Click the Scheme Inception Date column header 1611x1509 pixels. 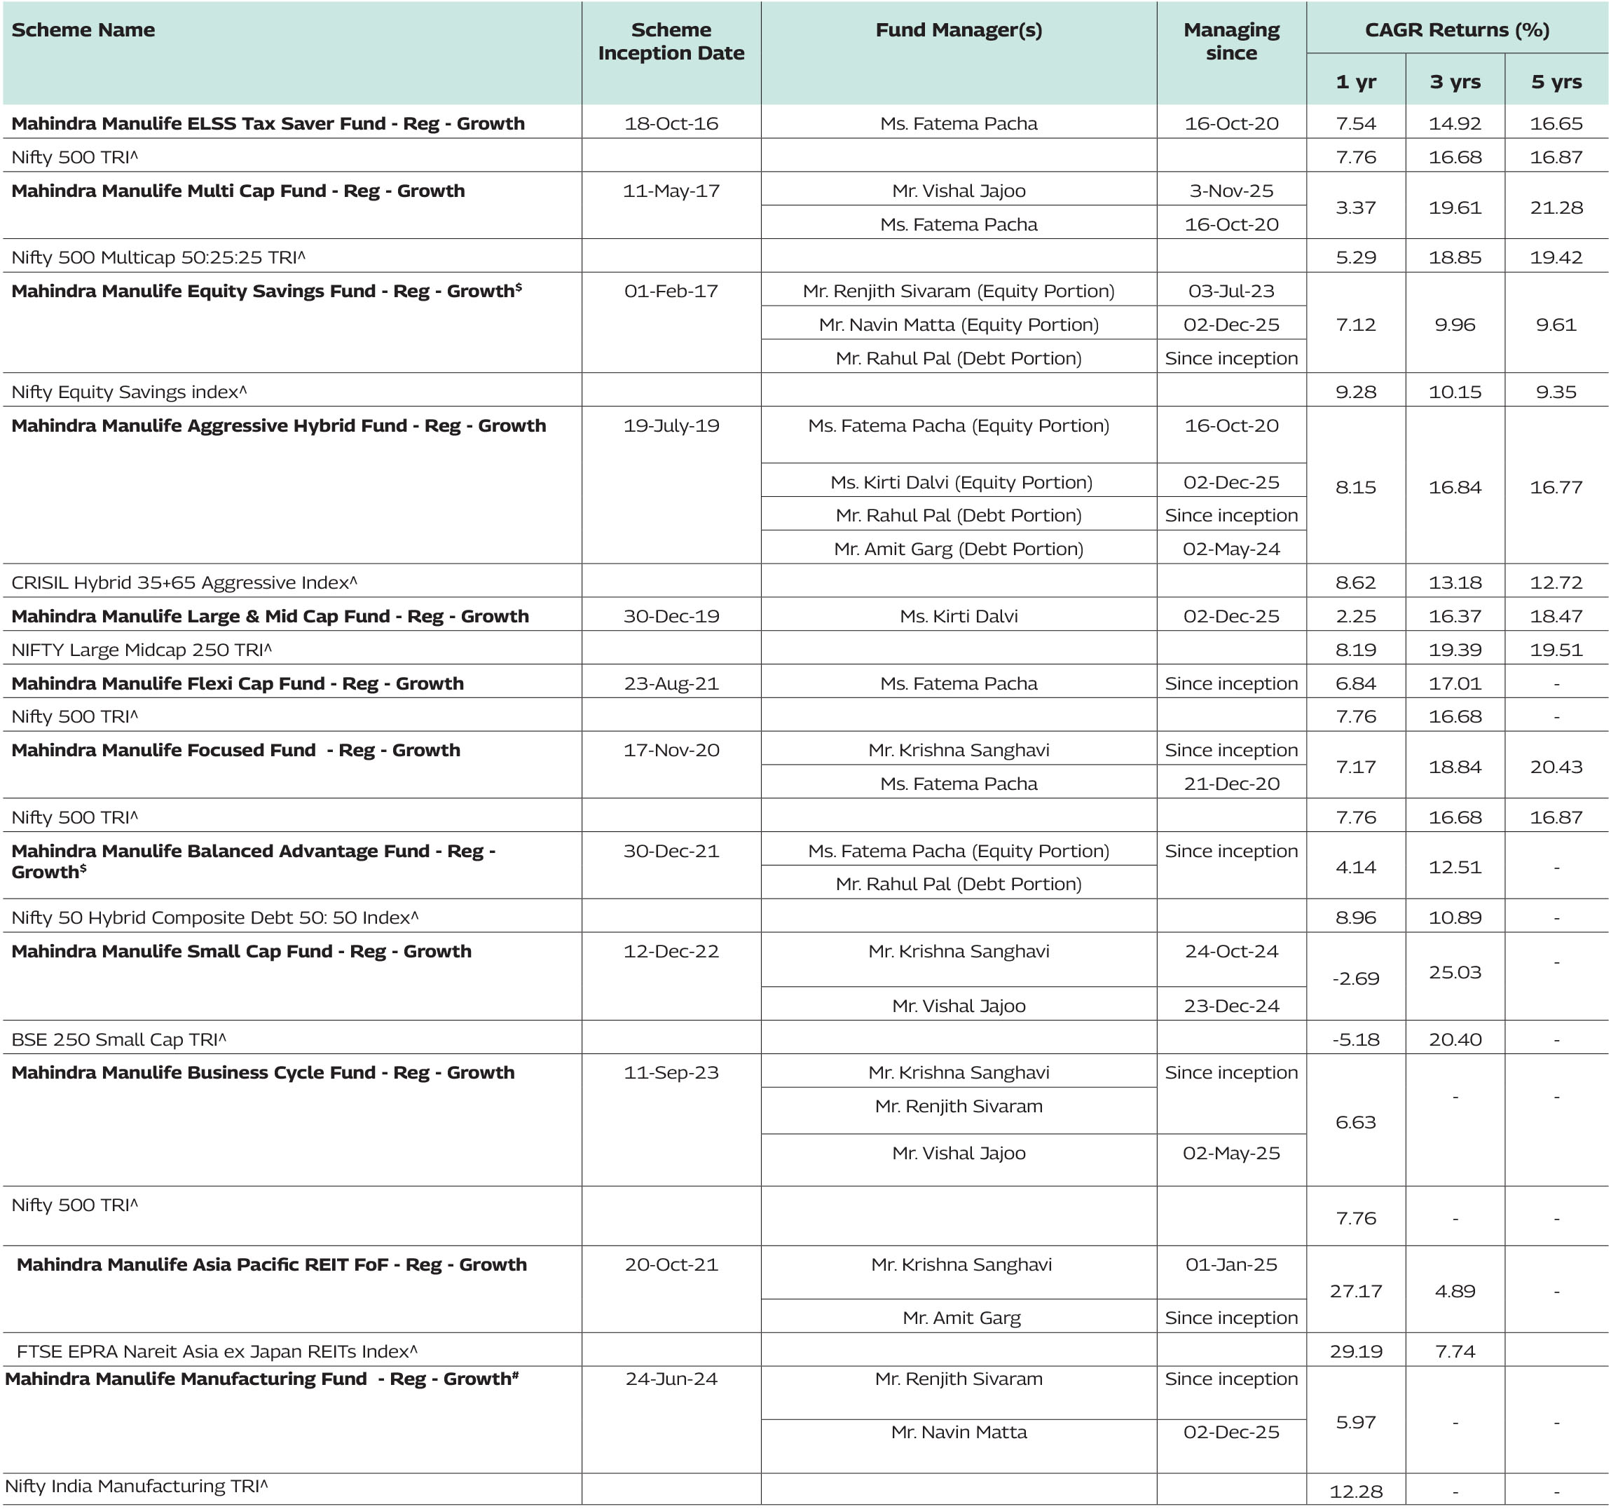tap(671, 41)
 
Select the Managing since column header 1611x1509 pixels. tap(1231, 41)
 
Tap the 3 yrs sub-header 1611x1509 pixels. tap(1455, 82)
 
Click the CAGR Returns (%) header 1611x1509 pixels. tap(1456, 30)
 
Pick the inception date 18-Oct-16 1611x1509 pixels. tap(671, 124)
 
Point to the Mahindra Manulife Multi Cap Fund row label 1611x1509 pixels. tap(238, 191)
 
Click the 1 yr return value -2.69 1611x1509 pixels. tap(1355, 978)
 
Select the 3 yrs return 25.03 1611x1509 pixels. tap(1455, 971)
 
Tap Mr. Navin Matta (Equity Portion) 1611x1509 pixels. tap(959, 325)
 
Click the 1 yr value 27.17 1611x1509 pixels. tap(1355, 1290)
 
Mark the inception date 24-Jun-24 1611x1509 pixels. tap(671, 1379)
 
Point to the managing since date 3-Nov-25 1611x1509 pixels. tap(1231, 191)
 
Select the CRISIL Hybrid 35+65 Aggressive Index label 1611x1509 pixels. tap(184, 582)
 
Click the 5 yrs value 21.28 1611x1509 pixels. tap(1556, 207)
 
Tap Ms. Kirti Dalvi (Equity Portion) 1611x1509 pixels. tap(961, 482)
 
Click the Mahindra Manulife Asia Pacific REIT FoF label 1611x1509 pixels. tap(271, 1264)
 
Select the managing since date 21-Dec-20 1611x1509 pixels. tap(1231, 784)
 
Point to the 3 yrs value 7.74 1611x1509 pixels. tap(1455, 1351)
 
